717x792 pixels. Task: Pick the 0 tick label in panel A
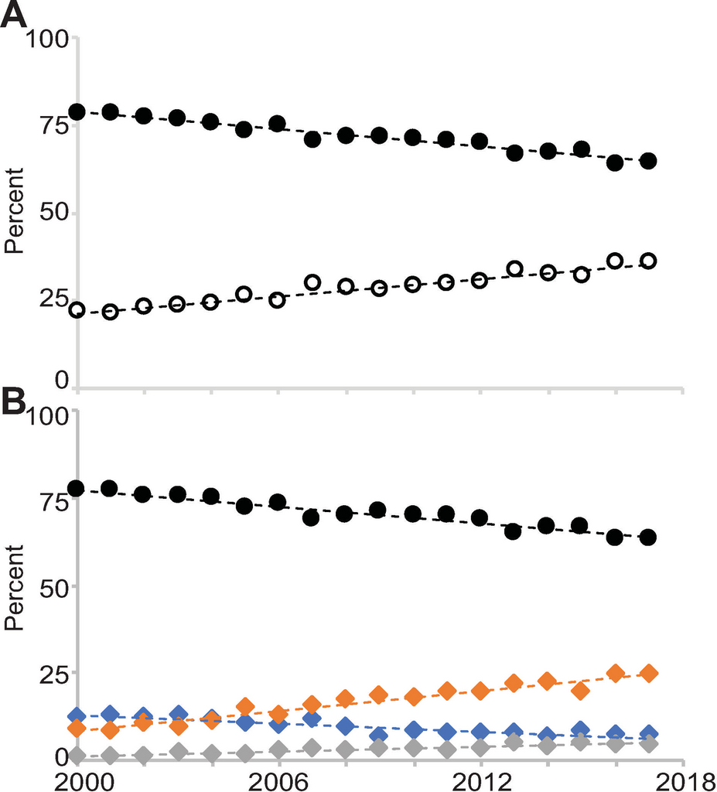pyautogui.click(x=63, y=379)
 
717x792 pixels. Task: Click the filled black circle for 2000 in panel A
pyautogui.click(x=77, y=111)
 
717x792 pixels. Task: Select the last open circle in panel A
pyautogui.click(x=648, y=261)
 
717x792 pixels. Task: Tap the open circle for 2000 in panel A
pyautogui.click(x=77, y=310)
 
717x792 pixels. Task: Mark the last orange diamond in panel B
pyautogui.click(x=649, y=673)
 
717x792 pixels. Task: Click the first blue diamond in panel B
pyautogui.click(x=77, y=715)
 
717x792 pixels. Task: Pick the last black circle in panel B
pyautogui.click(x=648, y=537)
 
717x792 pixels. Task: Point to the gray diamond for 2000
pyautogui.click(x=77, y=755)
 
